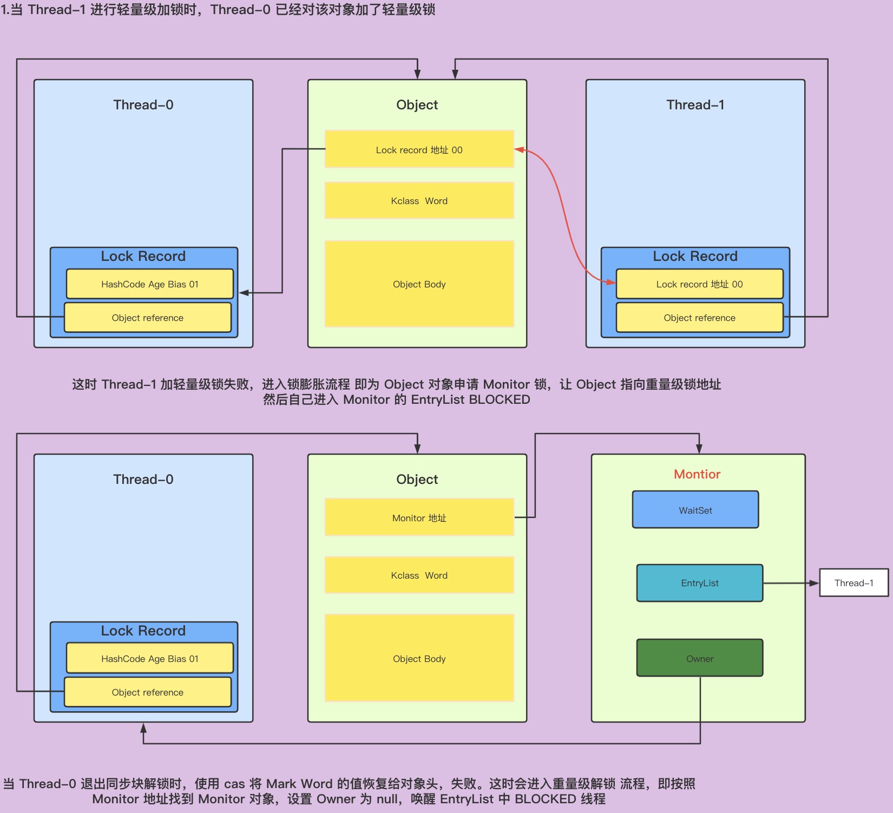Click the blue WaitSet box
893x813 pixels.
(x=695, y=510)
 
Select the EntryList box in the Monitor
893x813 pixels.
(x=700, y=583)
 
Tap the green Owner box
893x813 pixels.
(x=700, y=658)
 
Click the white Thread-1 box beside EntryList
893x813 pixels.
(x=853, y=583)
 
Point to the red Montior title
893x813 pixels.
(x=697, y=474)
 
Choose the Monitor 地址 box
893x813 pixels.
(x=419, y=517)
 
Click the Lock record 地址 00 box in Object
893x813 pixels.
(x=419, y=149)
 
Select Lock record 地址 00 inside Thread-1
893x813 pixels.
(x=699, y=284)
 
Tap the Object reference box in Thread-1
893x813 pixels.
(x=699, y=318)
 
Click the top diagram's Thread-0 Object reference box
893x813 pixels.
(x=147, y=318)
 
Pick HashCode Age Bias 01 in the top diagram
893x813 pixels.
(x=149, y=284)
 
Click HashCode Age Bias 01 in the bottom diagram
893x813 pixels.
(x=149, y=659)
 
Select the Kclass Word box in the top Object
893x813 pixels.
(x=419, y=201)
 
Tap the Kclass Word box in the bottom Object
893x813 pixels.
(x=419, y=575)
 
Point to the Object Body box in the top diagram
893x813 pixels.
(x=419, y=284)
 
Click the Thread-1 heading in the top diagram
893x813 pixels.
(x=695, y=105)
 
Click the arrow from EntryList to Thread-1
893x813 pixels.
(x=790, y=583)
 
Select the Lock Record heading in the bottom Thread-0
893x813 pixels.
(x=143, y=631)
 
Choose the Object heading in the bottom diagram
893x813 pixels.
(x=417, y=480)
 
